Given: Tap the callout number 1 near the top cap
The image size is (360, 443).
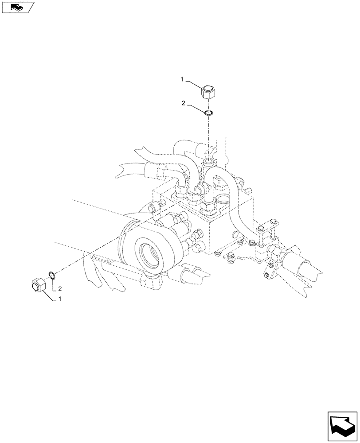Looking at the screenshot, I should coord(181,79).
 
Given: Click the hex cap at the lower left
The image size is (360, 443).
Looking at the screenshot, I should coord(39,284).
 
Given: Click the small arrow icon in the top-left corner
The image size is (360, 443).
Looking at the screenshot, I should coord(17,6).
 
